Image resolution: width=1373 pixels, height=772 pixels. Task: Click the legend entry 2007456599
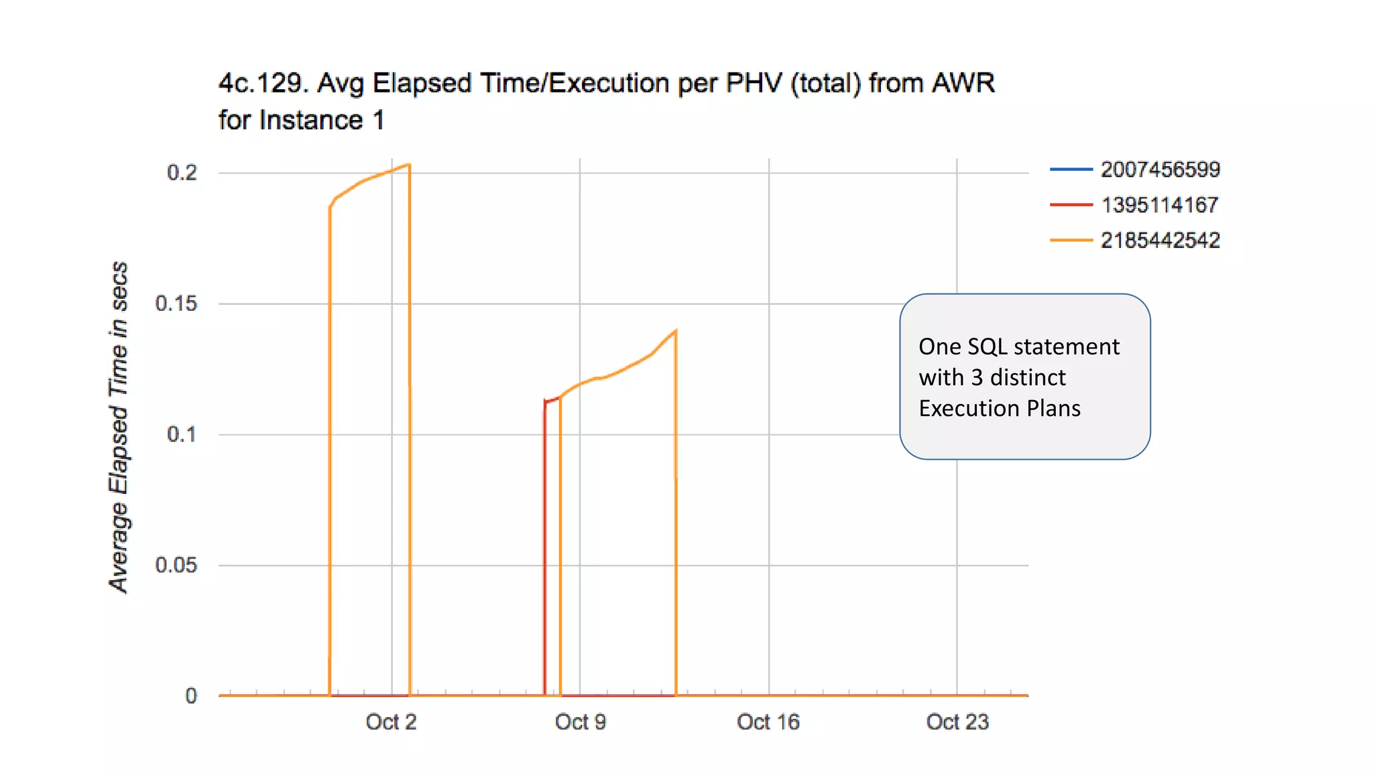click(x=1160, y=170)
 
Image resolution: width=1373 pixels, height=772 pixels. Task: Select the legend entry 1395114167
click(x=1160, y=205)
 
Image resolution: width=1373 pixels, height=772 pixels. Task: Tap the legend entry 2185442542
click(x=1160, y=241)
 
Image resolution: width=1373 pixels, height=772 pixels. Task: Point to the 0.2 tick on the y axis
click(x=182, y=173)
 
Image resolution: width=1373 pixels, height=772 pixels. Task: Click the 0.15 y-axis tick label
click(x=176, y=304)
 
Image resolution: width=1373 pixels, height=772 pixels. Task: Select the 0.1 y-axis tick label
click(x=182, y=434)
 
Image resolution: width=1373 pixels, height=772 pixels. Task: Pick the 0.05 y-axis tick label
click(x=176, y=565)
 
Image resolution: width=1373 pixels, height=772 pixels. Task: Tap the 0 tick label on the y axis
click(x=191, y=696)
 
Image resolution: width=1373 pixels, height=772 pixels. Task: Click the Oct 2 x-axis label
click(x=392, y=722)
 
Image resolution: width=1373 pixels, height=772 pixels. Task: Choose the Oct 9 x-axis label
click(x=581, y=722)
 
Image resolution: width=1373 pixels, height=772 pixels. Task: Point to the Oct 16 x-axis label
click(x=768, y=722)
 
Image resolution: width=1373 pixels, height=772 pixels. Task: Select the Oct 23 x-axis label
click(x=957, y=722)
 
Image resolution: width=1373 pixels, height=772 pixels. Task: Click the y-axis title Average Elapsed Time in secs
click(x=119, y=427)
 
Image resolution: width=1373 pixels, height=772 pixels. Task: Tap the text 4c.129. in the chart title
click(x=263, y=83)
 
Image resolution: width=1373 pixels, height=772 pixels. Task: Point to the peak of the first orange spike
click(x=408, y=164)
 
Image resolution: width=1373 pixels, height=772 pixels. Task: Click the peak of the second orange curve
click(x=675, y=330)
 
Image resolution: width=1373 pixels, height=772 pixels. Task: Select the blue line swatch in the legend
click(x=1071, y=170)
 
